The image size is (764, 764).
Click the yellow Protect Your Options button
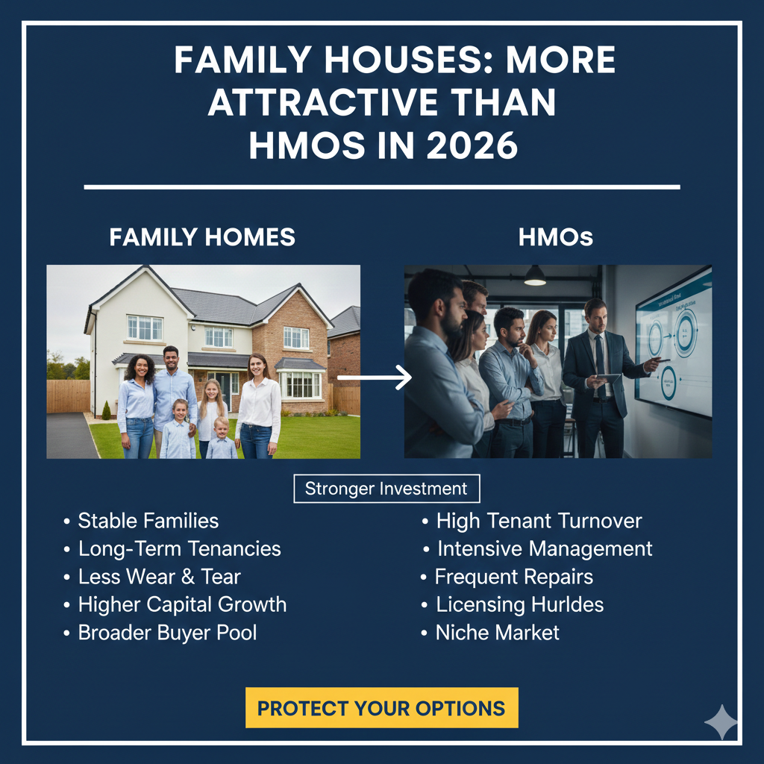(381, 707)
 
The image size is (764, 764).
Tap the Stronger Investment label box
(386, 489)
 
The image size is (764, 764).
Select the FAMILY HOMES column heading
(202, 237)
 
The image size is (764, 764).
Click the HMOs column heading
(556, 237)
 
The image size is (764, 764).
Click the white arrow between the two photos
(375, 377)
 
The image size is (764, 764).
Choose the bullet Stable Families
(148, 521)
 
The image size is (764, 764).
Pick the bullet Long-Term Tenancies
(179, 549)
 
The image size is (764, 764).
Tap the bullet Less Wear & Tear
(159, 577)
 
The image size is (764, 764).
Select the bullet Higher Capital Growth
(182, 604)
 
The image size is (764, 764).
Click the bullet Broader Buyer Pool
(167, 633)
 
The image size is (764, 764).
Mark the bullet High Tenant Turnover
(539, 521)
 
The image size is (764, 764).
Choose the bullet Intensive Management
(545, 549)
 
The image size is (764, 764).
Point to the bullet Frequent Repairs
(514, 577)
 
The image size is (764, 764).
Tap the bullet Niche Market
(498, 633)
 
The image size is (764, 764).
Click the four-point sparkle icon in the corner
(721, 721)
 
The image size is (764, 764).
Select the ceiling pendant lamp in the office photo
(535, 277)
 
